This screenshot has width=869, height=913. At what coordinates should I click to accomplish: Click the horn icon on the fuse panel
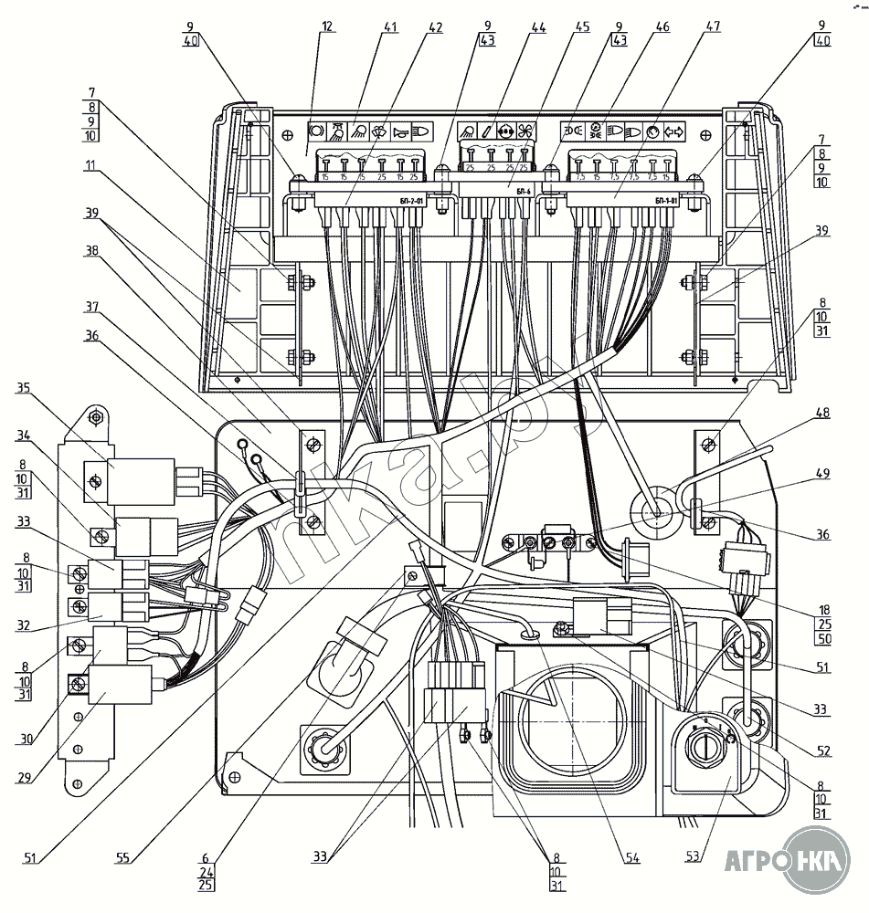pos(398,131)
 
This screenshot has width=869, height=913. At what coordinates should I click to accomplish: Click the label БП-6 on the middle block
pos(523,192)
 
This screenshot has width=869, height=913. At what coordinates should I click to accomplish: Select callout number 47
pos(710,26)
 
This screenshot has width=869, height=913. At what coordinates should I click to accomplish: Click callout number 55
pos(124,858)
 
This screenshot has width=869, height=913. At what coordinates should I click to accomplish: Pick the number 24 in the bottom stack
pos(205,871)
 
